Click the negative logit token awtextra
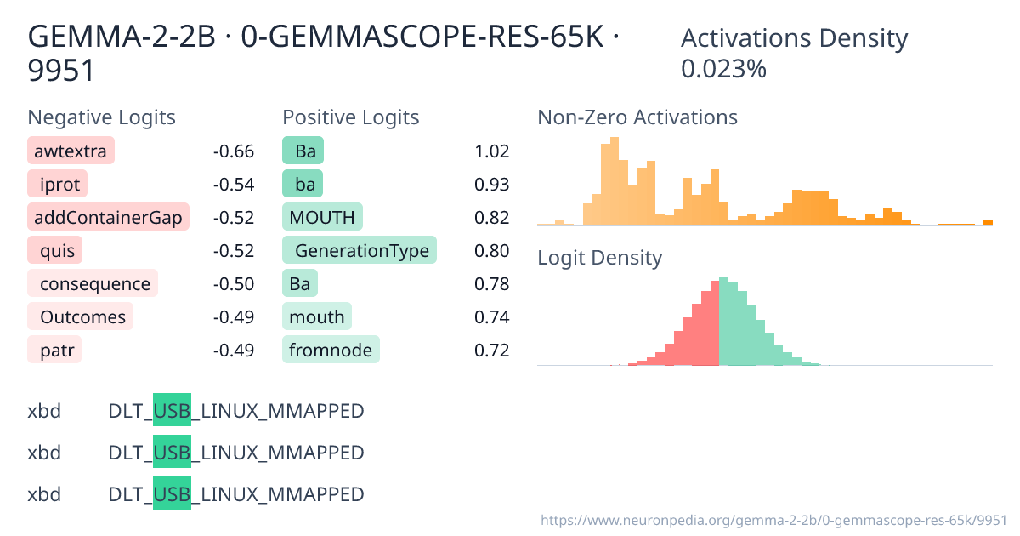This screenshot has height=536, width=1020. coord(71,152)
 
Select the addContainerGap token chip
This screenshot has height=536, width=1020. coord(108,218)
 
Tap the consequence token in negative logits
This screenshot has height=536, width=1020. coord(93,284)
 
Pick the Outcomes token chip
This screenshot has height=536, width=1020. coord(81,317)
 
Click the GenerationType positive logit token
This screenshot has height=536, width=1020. coord(360,251)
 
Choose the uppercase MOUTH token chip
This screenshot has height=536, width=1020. coord(322,218)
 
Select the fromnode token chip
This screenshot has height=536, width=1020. coord(331,351)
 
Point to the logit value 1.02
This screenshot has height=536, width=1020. coord(492,152)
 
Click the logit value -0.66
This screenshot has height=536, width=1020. coord(234,152)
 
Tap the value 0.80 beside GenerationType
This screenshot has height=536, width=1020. coord(492,251)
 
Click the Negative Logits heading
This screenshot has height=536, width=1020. coord(102,117)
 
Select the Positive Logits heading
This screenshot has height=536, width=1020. coord(351,117)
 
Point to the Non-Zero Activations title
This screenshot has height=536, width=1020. coord(637,117)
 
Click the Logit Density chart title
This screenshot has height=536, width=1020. coord(599,258)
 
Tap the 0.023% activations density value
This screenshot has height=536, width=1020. coord(724,69)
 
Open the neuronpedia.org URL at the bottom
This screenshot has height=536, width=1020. coord(773,519)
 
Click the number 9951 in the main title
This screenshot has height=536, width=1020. coord(61,71)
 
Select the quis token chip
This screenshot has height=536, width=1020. coord(57,251)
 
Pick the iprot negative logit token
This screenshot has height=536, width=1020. coord(58,185)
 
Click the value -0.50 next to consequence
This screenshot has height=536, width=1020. coord(234,284)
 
